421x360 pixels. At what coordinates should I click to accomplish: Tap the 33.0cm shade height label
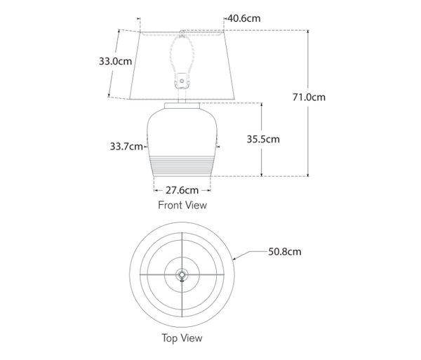(115, 61)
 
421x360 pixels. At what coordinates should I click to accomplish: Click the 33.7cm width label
(126, 147)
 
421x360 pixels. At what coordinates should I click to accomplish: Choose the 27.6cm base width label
(182, 189)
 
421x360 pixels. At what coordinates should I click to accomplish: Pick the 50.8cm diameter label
(285, 251)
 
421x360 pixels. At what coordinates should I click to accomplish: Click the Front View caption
(182, 205)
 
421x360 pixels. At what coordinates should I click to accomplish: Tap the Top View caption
(182, 338)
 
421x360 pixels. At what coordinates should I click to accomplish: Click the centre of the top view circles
(182, 274)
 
